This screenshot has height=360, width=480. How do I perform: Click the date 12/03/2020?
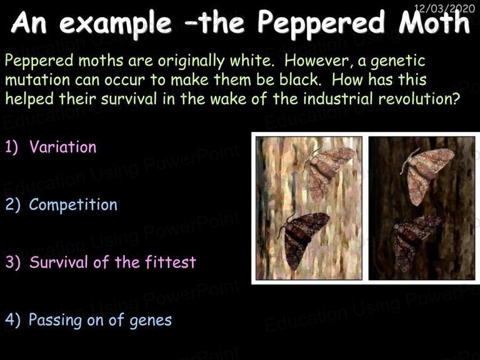click(x=444, y=8)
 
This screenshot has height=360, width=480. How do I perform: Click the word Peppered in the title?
click(x=321, y=23)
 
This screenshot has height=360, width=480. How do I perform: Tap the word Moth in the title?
click(x=434, y=22)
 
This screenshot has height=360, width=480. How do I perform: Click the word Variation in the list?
click(x=62, y=147)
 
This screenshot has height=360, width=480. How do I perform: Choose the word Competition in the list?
click(x=73, y=204)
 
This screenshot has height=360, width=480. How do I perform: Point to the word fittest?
click(x=170, y=262)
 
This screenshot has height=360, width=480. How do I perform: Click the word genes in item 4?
click(x=150, y=321)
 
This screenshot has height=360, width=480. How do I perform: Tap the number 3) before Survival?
click(x=13, y=262)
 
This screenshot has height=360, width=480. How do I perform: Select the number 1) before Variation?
click(x=12, y=147)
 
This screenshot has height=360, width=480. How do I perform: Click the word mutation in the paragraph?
click(x=37, y=80)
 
